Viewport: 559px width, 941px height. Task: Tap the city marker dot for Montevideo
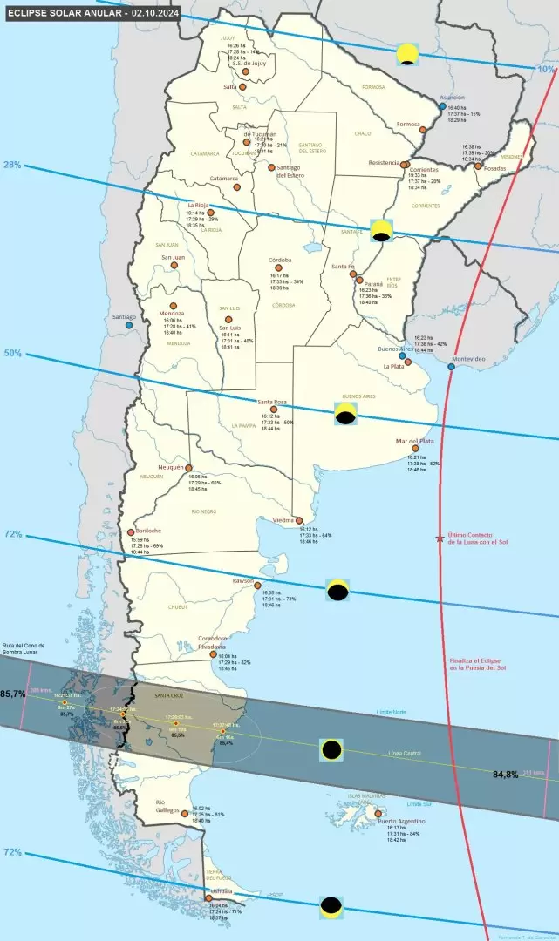(451, 367)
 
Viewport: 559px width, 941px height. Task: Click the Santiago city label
(124, 316)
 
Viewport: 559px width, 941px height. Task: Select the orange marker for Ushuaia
(208, 898)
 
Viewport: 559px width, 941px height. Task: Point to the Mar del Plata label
(414, 441)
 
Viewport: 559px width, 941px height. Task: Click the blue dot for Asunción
(443, 106)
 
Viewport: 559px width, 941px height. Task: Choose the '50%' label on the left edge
(12, 353)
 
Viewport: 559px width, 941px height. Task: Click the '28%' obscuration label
(12, 164)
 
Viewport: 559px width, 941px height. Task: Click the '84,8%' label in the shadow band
(507, 774)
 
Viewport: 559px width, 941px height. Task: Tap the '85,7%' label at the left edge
(12, 694)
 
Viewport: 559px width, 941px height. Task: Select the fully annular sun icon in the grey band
(331, 749)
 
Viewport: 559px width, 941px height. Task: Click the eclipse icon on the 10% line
(406, 54)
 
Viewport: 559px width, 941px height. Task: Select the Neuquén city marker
(188, 468)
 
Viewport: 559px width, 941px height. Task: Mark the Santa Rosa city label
(272, 402)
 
